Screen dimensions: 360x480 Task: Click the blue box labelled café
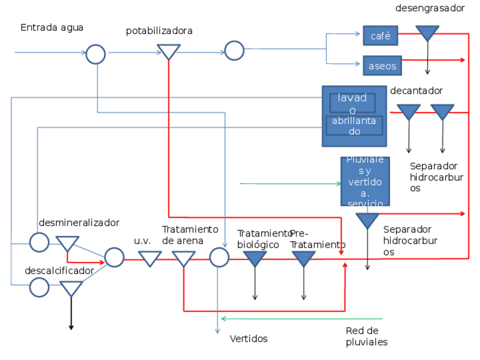(x=380, y=36)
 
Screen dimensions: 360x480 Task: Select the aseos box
(x=382, y=66)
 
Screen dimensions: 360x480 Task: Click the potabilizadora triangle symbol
(x=168, y=52)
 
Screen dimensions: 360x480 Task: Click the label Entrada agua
(x=52, y=28)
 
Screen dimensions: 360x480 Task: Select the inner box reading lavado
(x=352, y=102)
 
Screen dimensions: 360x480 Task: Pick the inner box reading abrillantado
(x=354, y=125)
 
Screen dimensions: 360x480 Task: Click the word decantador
(x=416, y=91)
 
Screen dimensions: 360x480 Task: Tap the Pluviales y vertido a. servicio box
(x=365, y=181)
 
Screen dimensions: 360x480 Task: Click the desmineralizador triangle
(x=67, y=243)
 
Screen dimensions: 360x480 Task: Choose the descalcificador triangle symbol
(x=71, y=288)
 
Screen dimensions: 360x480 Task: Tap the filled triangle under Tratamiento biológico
(x=255, y=258)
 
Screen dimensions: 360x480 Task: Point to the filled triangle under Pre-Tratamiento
(x=303, y=258)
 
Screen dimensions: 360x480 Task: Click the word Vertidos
(x=248, y=339)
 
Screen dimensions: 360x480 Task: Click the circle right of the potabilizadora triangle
(x=234, y=50)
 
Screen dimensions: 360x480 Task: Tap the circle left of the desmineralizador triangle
(x=39, y=242)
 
